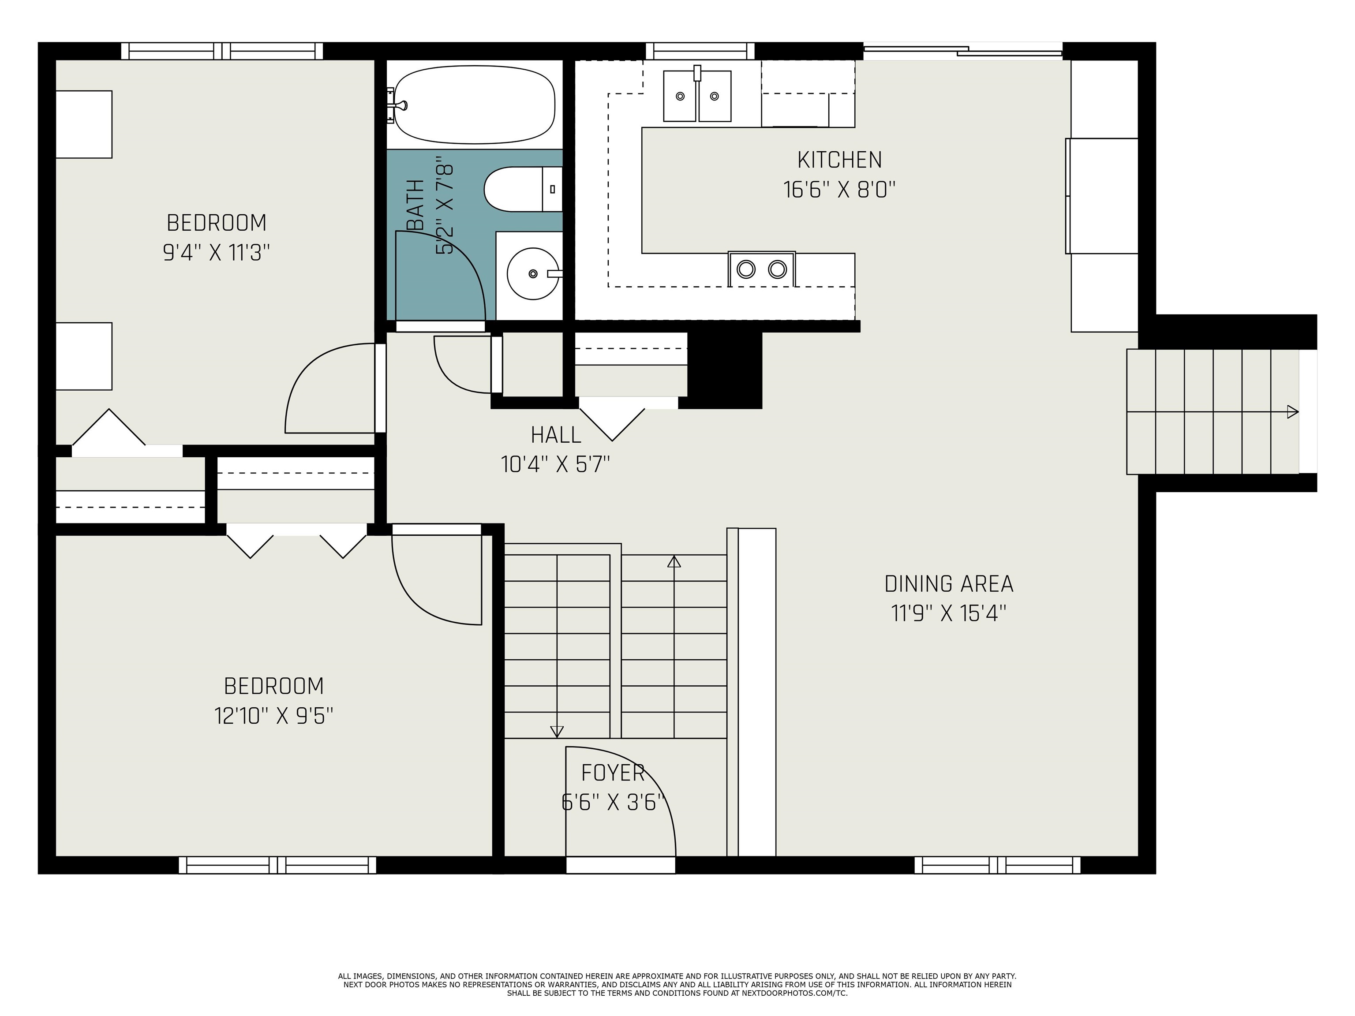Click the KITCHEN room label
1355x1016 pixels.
coord(839,160)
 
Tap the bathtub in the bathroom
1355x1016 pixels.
coord(475,105)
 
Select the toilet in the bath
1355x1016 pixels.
coord(523,189)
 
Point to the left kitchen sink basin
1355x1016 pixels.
coord(680,96)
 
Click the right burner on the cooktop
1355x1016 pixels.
coord(777,269)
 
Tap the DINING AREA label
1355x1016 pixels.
coord(949,584)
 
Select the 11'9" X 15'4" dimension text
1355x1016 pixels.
coord(949,613)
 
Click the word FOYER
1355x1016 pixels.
coord(613,773)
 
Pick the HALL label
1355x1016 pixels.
coord(556,435)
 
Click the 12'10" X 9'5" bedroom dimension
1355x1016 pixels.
coord(274,715)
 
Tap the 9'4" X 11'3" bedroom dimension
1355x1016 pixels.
coord(216,252)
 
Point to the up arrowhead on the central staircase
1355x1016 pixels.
coord(674,561)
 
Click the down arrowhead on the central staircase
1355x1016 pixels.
coord(557,731)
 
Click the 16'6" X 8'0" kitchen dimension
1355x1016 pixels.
coord(839,189)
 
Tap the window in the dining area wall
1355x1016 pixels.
coord(997,865)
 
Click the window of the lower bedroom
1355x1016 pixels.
coord(277,865)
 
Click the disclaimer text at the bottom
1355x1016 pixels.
coord(677,985)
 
